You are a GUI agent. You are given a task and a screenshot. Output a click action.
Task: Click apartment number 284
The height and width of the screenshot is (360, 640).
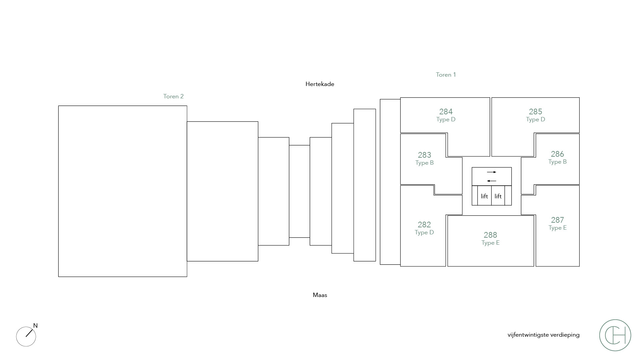[x=446, y=112]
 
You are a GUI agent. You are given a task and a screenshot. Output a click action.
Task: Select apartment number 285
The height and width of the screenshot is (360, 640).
[x=535, y=112]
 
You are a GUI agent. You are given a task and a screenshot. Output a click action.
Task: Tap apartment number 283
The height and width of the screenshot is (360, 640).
[x=424, y=155]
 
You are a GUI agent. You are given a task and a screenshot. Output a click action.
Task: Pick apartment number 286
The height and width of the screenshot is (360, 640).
[x=557, y=154]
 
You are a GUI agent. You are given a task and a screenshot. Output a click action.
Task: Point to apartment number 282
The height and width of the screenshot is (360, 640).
[x=424, y=225]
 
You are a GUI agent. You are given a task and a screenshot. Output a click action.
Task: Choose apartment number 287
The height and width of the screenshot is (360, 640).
[x=557, y=220]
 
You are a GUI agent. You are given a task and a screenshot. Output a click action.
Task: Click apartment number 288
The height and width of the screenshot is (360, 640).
[x=490, y=235]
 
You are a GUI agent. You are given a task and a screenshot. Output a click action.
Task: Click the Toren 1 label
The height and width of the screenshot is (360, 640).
[x=446, y=75]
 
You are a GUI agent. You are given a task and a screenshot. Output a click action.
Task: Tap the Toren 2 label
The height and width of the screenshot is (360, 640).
[x=173, y=96]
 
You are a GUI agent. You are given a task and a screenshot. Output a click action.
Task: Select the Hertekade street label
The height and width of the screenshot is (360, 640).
[x=320, y=84]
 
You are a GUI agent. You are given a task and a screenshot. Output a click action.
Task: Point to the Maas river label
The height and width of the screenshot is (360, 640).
[x=320, y=295]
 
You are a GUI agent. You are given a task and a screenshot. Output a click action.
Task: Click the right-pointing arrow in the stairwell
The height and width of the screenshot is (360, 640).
[x=492, y=172]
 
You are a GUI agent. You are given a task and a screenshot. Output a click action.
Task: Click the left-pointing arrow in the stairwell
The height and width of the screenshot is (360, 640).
[x=492, y=181]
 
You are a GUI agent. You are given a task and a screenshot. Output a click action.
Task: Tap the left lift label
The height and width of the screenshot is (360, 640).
[x=484, y=196]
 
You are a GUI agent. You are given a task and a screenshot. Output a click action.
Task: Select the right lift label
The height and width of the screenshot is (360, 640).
[x=498, y=196]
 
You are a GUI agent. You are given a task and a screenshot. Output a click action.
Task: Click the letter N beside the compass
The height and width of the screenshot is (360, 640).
[x=35, y=326]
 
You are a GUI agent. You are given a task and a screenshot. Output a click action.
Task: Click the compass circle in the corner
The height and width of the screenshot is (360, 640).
[x=26, y=336]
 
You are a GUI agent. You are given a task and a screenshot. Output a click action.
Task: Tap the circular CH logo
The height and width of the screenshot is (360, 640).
[x=615, y=335]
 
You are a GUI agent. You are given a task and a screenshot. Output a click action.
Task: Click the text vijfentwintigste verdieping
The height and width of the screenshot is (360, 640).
[x=543, y=335]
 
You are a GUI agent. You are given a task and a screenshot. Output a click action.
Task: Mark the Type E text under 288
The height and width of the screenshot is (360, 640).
[x=490, y=243]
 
